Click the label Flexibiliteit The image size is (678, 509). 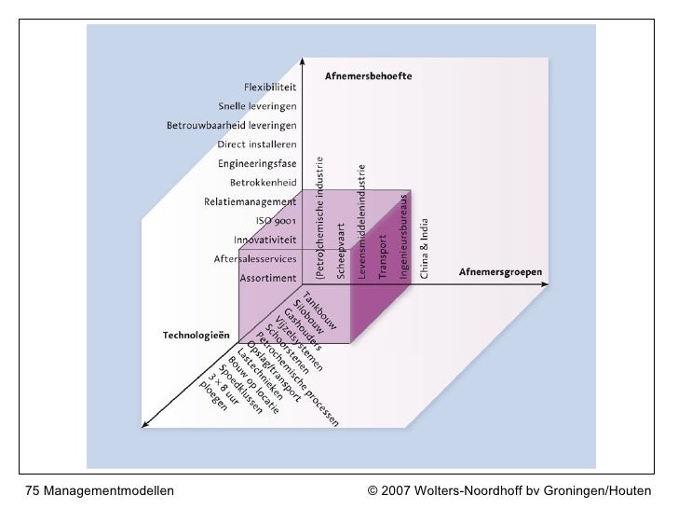click(x=270, y=88)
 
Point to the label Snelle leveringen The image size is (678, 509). click(x=257, y=106)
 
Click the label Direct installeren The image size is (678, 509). click(x=257, y=144)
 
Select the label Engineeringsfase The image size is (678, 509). click(x=257, y=163)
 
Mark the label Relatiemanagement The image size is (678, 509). click(x=251, y=201)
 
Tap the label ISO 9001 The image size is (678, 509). click(x=277, y=221)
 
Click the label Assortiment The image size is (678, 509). click(x=268, y=278)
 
